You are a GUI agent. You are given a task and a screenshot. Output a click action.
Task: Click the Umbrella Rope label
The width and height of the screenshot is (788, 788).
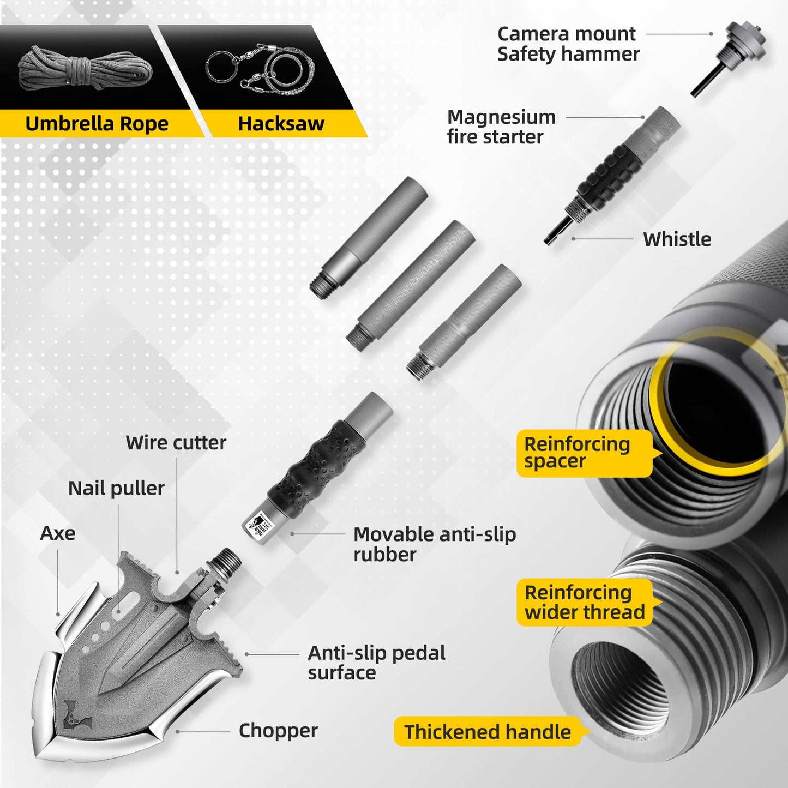tap(97, 124)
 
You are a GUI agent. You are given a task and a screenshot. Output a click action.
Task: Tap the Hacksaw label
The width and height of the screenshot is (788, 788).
tap(281, 124)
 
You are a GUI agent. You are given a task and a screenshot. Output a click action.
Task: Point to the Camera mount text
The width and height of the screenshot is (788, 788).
tap(566, 34)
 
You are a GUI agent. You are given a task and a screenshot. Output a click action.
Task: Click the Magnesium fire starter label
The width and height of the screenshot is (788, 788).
tap(501, 127)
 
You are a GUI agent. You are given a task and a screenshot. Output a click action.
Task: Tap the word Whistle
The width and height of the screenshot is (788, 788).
tap(677, 239)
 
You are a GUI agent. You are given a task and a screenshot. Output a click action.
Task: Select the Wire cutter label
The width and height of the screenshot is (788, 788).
tap(176, 443)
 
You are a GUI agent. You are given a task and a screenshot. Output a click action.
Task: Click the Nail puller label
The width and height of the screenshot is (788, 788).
tap(116, 488)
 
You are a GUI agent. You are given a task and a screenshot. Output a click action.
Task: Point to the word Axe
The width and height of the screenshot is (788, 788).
tap(57, 533)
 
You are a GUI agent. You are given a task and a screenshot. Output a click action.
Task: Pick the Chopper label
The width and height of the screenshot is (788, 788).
tap(278, 731)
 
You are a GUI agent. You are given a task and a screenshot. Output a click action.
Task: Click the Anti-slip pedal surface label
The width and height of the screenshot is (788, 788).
tap(376, 663)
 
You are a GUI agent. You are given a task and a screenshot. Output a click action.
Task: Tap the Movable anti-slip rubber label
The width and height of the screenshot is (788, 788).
tap(434, 544)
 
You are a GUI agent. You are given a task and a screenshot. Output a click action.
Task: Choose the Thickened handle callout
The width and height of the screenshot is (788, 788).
tap(488, 732)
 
